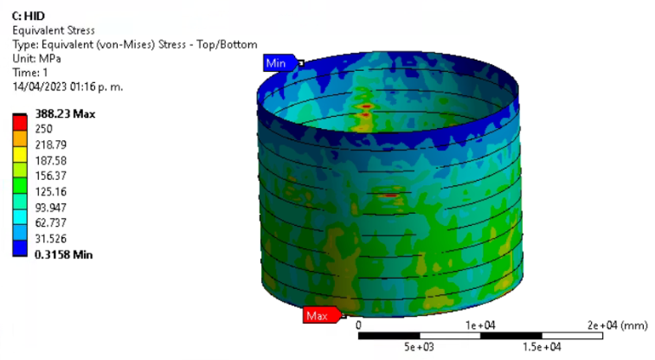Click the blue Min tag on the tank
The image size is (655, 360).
279,63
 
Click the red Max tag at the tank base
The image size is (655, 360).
322,315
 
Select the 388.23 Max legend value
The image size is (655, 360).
65,114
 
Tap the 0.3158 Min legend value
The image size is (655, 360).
63,254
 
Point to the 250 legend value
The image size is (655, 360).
43,129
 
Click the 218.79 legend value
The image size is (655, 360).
50,145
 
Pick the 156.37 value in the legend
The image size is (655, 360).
50,176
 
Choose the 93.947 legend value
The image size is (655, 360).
50,208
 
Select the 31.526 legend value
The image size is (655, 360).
50,239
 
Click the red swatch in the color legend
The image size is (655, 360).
20,123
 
